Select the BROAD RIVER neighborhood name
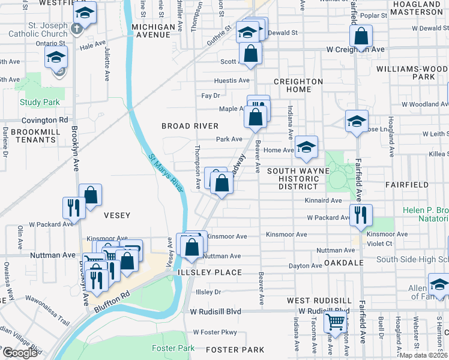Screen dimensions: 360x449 [190, 126]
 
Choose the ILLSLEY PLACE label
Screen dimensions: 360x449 [209, 272]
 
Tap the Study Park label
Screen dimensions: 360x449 [39, 103]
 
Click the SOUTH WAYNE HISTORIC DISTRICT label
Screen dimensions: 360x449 [298, 179]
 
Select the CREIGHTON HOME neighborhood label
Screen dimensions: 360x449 [298, 85]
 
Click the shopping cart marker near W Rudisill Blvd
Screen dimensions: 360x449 [336, 322]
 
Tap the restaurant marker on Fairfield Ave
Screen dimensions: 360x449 [360, 215]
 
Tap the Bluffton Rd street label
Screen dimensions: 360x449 [112, 301]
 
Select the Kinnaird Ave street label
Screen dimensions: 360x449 [323, 200]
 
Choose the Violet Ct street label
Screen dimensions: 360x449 [379, 244]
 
